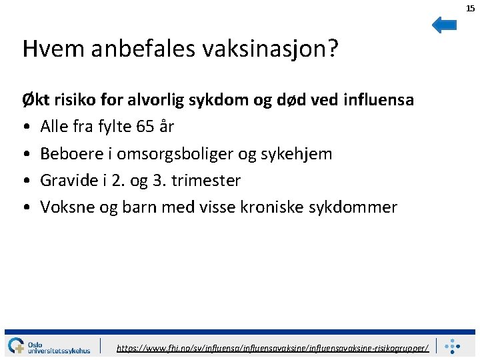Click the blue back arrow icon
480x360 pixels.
(444, 25)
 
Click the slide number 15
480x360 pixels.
(471, 8)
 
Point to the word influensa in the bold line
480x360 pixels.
(378, 100)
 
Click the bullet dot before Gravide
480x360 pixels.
(26, 181)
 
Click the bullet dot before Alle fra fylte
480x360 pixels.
(26, 127)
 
